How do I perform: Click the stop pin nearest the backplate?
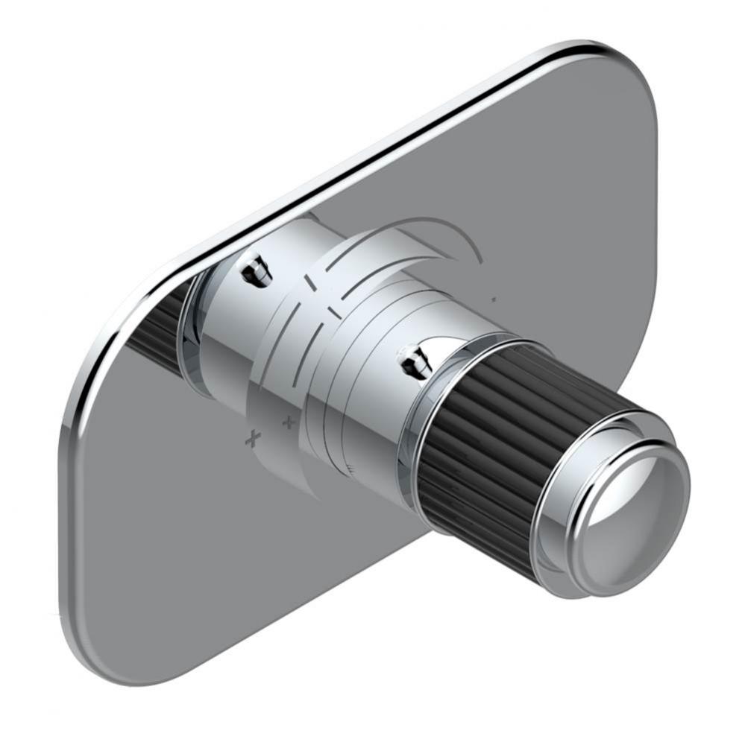[255, 270]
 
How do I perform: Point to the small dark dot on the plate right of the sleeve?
[494, 299]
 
